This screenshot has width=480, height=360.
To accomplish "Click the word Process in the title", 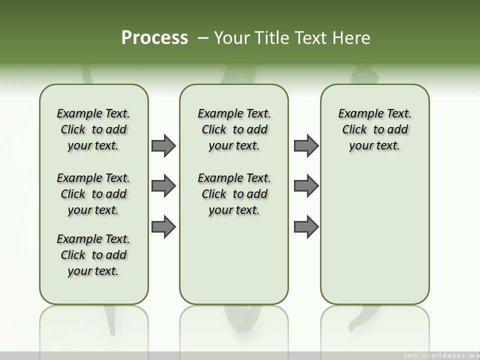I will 154,37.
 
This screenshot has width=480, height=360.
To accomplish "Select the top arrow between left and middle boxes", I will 163,145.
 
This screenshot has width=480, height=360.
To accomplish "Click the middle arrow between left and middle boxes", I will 163,186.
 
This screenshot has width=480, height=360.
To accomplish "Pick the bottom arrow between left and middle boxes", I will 163,226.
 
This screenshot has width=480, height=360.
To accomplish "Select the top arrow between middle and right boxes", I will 306,145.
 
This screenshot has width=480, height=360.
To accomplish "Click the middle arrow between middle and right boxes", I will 306,186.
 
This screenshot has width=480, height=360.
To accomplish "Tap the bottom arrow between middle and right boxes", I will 306,226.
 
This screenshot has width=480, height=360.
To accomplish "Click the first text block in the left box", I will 93,129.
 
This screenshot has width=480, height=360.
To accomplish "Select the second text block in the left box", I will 93,194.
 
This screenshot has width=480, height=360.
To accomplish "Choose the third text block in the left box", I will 93,255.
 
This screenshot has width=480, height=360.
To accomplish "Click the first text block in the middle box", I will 234,129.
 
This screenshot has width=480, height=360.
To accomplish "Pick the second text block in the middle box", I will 234,194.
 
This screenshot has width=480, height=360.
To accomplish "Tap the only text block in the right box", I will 375,129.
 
